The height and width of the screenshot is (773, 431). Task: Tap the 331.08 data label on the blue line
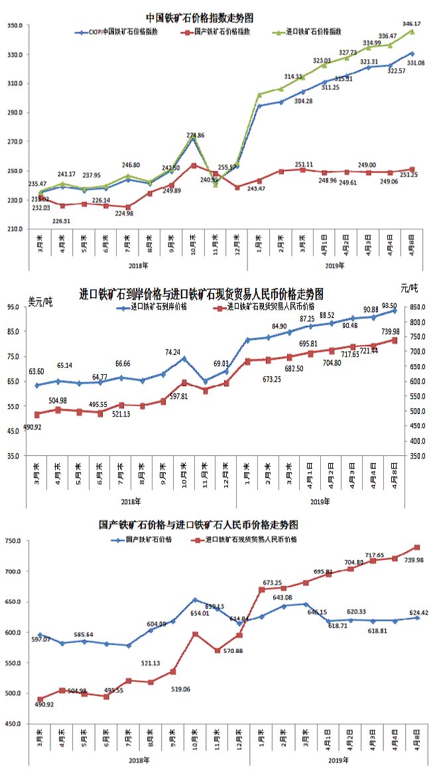(x=416, y=62)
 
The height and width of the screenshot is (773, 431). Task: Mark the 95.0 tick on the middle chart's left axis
(x=14, y=307)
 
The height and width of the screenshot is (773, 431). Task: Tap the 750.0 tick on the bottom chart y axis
(x=14, y=541)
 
